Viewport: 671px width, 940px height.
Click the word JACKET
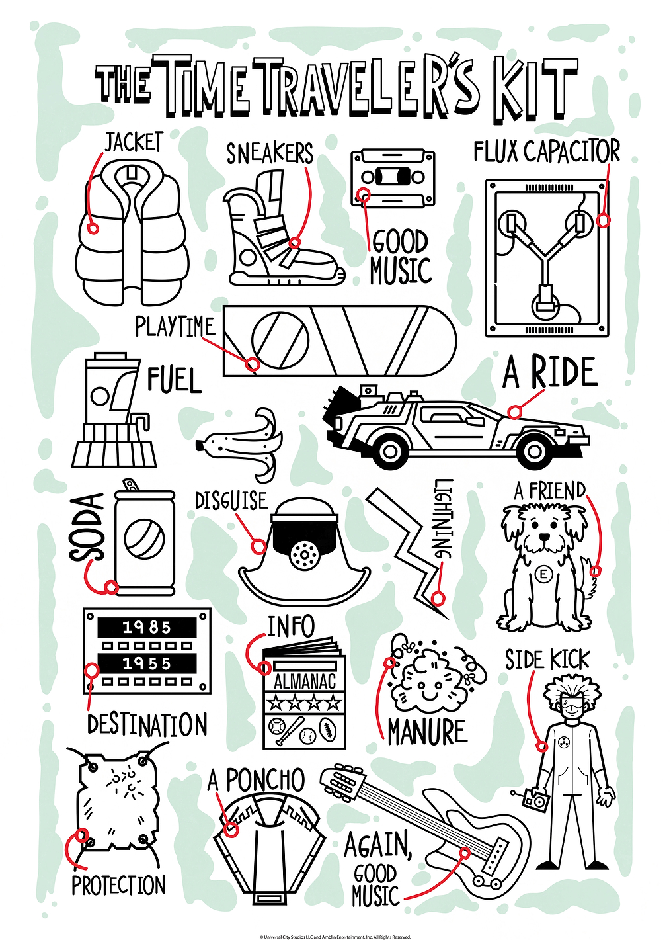tap(132, 143)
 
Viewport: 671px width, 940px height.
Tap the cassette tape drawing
tap(391, 178)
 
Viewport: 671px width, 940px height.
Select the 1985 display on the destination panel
tap(146, 628)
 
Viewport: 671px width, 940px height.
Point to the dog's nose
tap(544, 538)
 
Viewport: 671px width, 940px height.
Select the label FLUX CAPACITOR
tap(547, 151)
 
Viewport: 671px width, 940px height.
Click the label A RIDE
tap(549, 372)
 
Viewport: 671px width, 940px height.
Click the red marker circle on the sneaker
tap(296, 243)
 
